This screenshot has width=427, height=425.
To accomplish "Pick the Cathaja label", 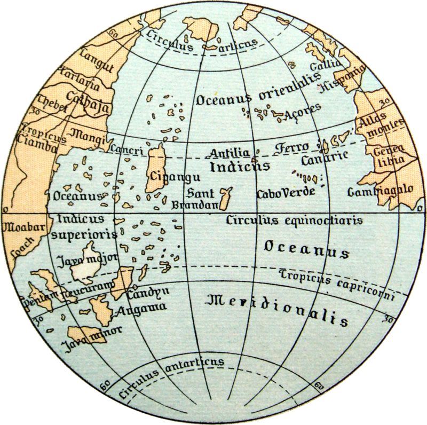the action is [89, 102].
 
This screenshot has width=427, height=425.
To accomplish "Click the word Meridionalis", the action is [278, 309].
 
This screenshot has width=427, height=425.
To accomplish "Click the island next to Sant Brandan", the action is [226, 198].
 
